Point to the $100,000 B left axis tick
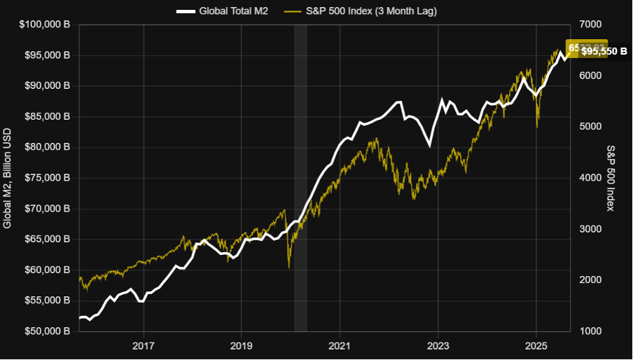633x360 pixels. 44,25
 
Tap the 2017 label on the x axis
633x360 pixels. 144,346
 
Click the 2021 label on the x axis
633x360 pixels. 340,346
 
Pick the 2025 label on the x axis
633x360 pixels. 536,346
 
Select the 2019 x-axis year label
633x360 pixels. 242,346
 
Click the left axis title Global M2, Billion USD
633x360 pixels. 8,178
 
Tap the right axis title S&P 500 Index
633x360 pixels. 611,178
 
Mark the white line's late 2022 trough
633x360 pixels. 429,146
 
